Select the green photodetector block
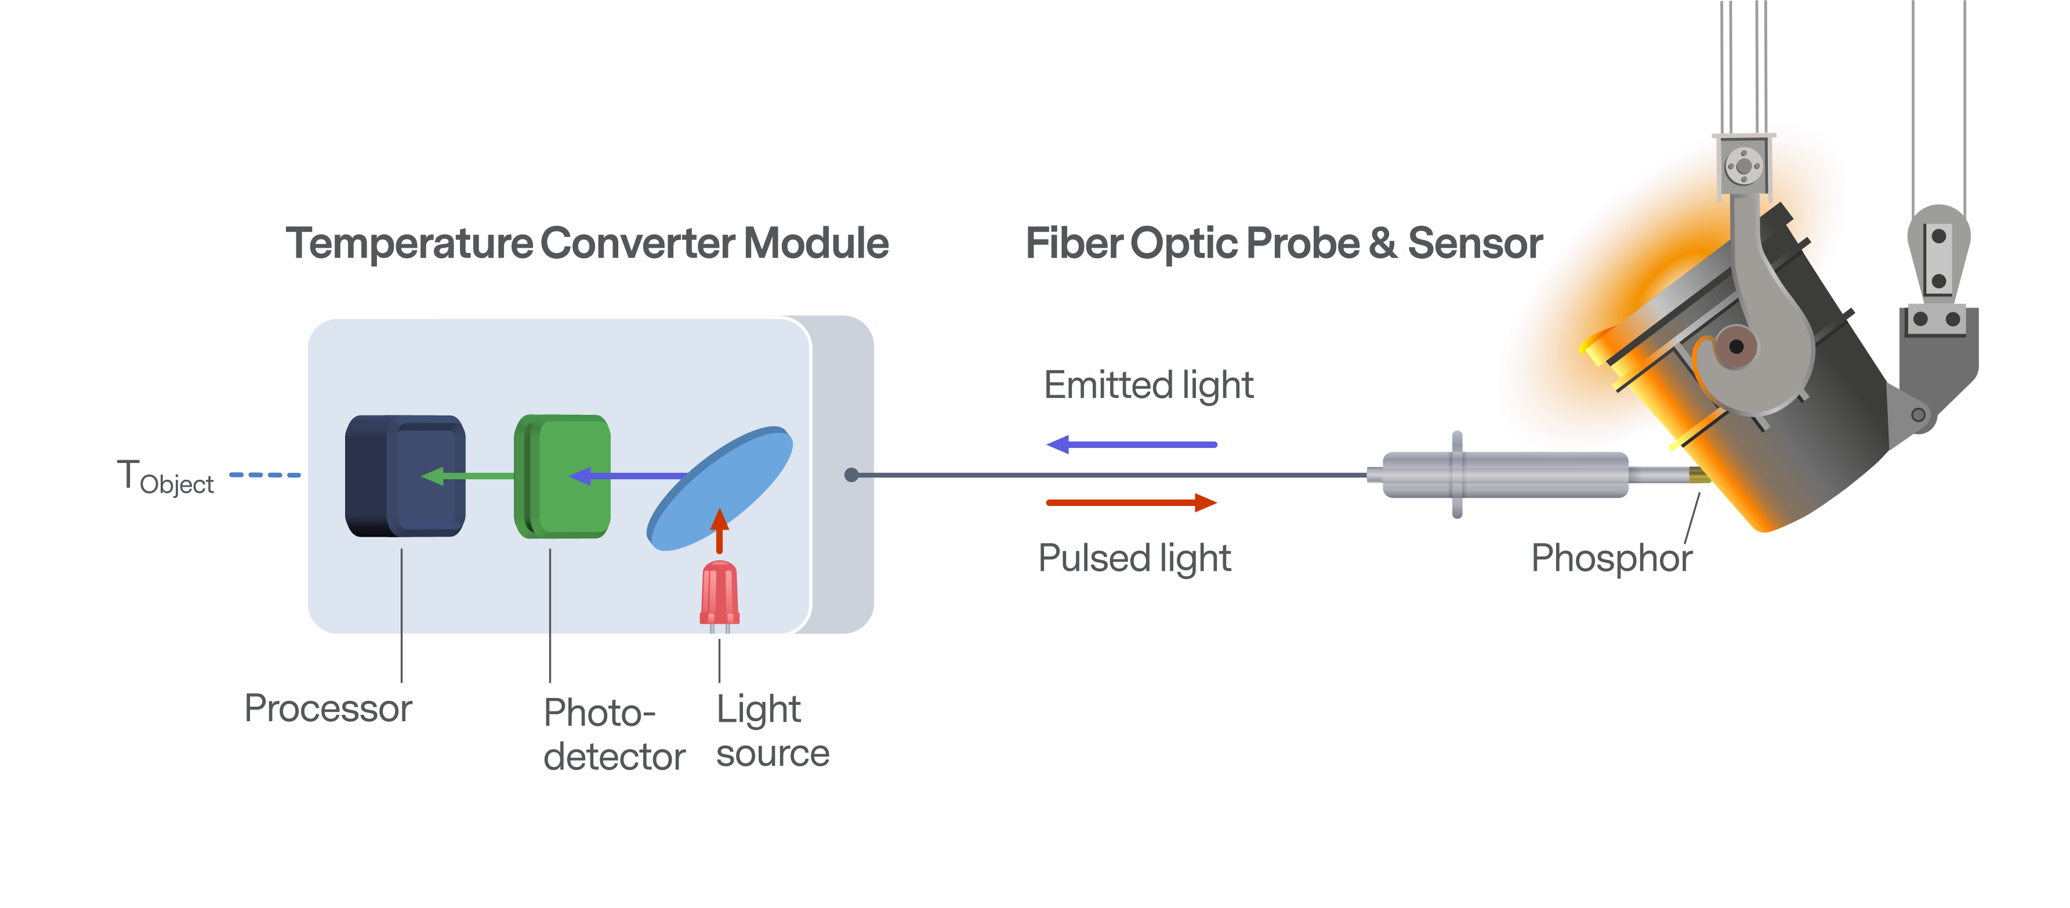click(x=563, y=476)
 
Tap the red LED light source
click(x=719, y=593)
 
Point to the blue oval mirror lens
click(x=720, y=488)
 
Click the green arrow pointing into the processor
click(x=466, y=476)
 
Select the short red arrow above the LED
click(x=720, y=530)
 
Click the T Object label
click(x=165, y=477)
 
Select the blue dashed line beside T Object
click(x=265, y=475)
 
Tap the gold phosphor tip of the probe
click(x=1698, y=475)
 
